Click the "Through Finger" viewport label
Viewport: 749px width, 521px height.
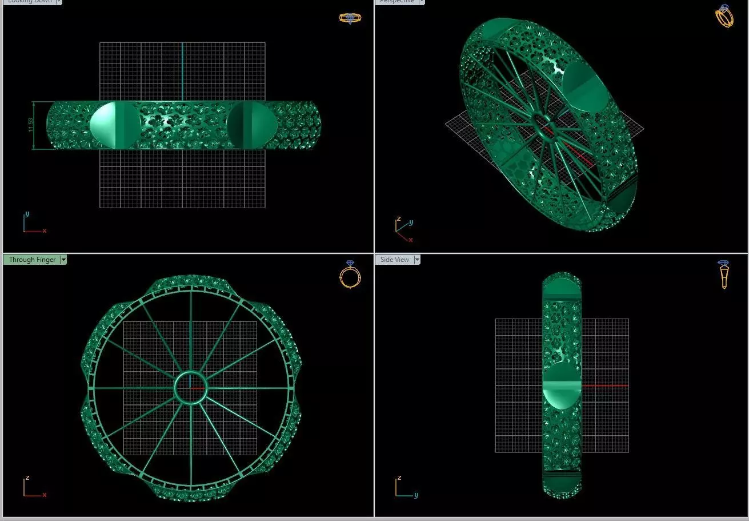click(x=32, y=260)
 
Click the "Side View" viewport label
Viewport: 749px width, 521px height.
click(x=394, y=260)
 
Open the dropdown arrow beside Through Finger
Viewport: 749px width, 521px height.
click(x=63, y=260)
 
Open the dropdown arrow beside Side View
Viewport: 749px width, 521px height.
click(x=417, y=260)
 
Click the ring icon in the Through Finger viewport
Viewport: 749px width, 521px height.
click(x=350, y=275)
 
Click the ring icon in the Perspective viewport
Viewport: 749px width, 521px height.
click(x=724, y=16)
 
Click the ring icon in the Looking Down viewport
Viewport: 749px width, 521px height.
click(x=350, y=18)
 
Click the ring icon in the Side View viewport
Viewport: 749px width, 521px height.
click(x=724, y=275)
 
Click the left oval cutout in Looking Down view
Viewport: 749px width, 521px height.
click(x=115, y=125)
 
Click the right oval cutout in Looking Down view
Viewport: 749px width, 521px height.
click(x=252, y=125)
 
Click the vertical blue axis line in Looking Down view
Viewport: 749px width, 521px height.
click(x=182, y=69)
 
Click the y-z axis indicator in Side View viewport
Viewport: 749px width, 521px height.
click(x=405, y=487)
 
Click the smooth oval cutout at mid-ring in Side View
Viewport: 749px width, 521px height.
click(x=562, y=386)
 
